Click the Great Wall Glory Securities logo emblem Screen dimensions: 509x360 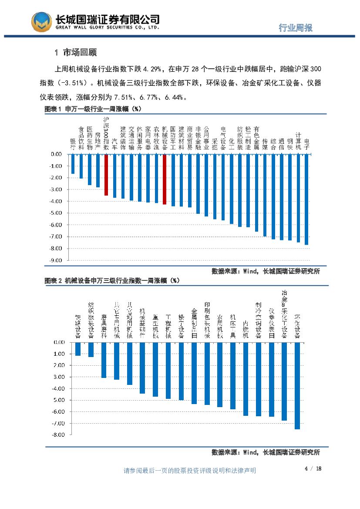click(42, 22)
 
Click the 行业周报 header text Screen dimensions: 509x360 click(295, 28)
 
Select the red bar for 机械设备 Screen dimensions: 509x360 click(165, 179)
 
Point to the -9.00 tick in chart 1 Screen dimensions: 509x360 click(56, 260)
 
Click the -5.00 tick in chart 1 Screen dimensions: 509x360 click(56, 213)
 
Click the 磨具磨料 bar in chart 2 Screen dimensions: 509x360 click(104, 360)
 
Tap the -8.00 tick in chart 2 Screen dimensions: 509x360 click(59, 435)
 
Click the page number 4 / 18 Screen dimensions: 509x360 click(313, 469)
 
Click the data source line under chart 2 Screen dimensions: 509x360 click(266, 452)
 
